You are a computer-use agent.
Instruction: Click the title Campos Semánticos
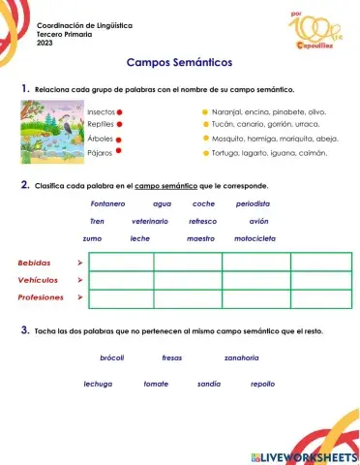(x=179, y=62)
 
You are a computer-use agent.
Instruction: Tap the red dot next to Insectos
(x=119, y=111)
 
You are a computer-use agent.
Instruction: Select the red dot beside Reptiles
(x=121, y=124)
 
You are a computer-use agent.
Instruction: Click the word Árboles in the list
(x=100, y=139)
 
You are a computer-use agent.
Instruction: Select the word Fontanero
(x=107, y=203)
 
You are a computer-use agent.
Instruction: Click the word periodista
(x=253, y=203)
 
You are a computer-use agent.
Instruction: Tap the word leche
(x=140, y=237)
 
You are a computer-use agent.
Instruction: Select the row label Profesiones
(x=41, y=297)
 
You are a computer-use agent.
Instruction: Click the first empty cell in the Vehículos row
(x=121, y=280)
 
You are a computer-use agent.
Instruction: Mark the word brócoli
(x=111, y=357)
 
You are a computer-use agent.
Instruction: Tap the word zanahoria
(x=241, y=357)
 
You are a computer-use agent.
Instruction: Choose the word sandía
(x=208, y=384)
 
